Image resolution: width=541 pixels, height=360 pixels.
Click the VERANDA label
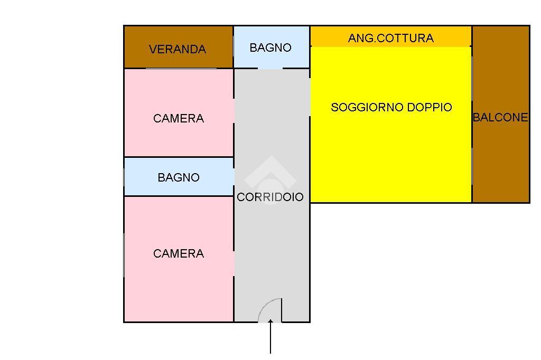click(x=178, y=49)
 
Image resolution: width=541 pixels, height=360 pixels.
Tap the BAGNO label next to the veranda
click(x=270, y=48)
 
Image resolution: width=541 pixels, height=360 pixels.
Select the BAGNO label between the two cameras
click(x=179, y=177)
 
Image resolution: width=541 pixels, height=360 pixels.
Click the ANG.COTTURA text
click(x=391, y=38)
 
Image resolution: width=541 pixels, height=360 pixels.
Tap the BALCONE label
click(x=500, y=117)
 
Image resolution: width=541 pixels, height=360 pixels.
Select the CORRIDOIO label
click(x=270, y=197)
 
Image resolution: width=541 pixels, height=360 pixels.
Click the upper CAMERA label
click(x=179, y=118)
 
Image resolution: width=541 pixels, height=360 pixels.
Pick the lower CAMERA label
click(x=179, y=253)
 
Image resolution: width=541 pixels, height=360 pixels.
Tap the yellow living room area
click(x=391, y=158)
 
